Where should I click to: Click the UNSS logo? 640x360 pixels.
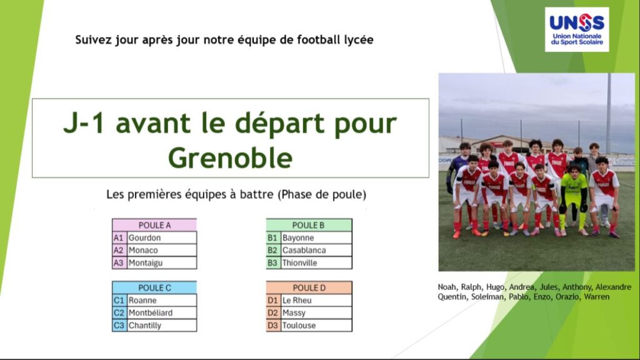coord(577,29)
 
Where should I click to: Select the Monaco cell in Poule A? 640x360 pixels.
coord(162,250)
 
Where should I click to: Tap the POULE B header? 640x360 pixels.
coord(309,225)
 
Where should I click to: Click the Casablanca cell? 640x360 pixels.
coord(316,250)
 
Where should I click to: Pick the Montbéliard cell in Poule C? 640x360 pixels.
coord(162,313)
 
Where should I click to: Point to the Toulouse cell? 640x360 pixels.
coord(316,325)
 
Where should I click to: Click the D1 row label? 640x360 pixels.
coord(273,301)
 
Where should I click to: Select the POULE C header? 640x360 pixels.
coord(154,287)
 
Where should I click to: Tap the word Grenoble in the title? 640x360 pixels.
coord(230,158)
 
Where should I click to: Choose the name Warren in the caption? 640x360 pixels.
coord(596,297)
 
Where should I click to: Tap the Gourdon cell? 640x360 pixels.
coord(162,237)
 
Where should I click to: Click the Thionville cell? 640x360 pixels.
coord(316,263)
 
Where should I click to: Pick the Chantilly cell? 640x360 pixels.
coord(162,325)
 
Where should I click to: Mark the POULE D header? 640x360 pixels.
coord(309,287)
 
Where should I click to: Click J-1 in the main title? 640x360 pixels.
coord(86,123)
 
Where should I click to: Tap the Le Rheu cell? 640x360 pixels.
coord(316,301)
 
